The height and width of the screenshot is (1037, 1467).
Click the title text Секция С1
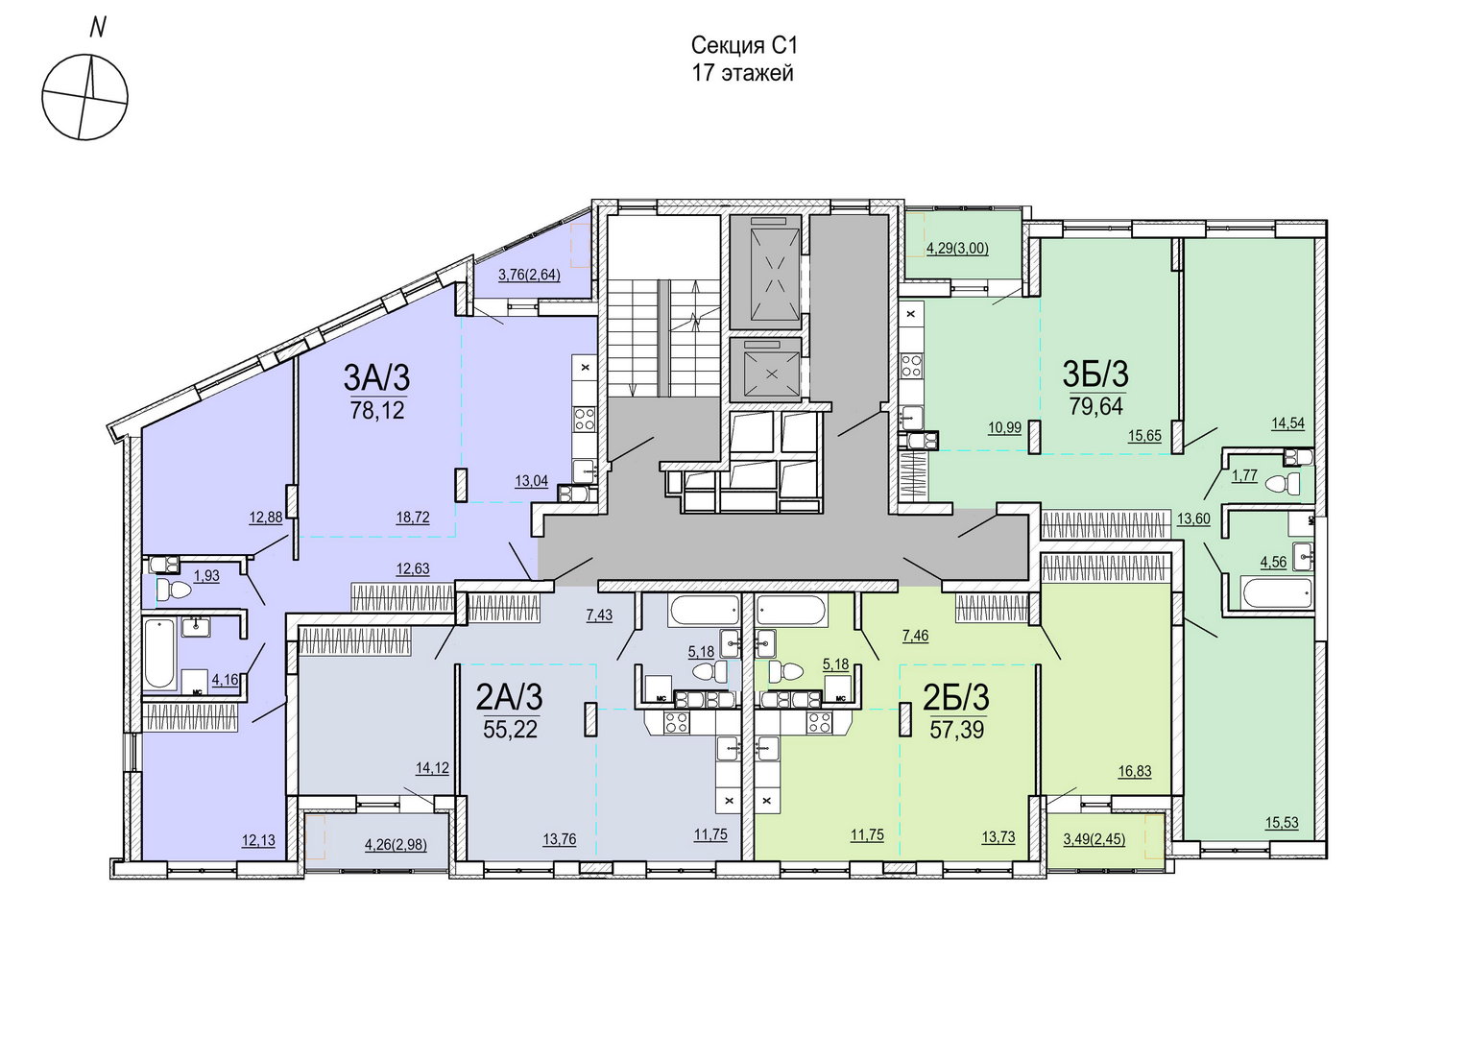click(744, 46)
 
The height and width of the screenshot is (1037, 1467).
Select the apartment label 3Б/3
click(1095, 374)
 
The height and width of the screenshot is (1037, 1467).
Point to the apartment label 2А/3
click(509, 698)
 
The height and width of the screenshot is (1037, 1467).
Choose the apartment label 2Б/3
click(956, 698)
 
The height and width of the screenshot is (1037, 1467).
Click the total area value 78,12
click(378, 411)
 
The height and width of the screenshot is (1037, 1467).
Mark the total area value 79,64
click(1096, 407)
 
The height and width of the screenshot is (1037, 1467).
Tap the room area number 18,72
click(413, 518)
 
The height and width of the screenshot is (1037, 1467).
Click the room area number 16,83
click(1135, 772)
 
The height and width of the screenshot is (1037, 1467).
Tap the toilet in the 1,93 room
click(174, 591)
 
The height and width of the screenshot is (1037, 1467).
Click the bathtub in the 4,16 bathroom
click(159, 653)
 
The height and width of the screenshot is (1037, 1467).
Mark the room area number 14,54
click(1288, 423)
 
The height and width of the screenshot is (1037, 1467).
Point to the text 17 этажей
click(743, 73)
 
